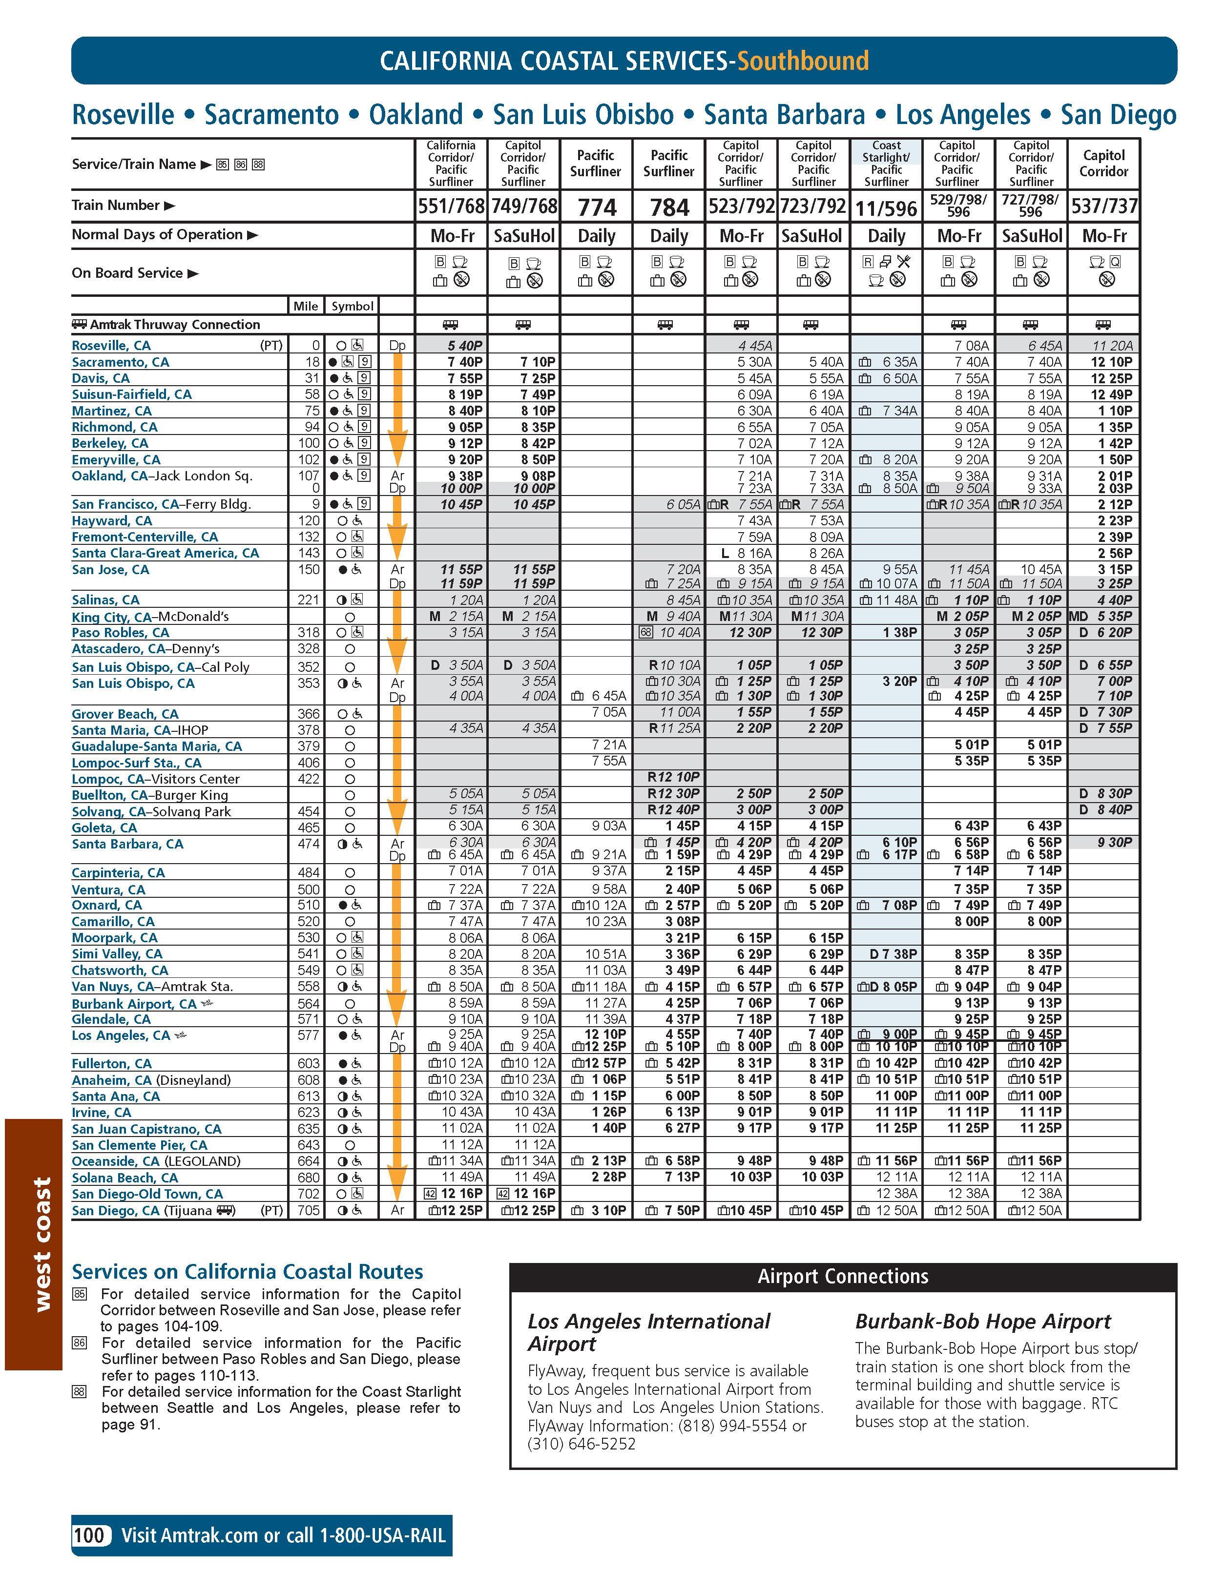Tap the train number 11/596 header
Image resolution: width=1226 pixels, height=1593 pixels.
[886, 208]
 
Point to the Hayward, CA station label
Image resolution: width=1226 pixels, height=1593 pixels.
[112, 521]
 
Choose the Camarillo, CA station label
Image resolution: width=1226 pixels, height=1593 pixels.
[113, 921]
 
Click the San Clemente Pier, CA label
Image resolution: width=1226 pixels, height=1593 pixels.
[139, 1145]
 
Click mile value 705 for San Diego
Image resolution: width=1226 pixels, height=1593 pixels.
[309, 1210]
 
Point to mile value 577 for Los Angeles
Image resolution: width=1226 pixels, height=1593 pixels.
[309, 1035]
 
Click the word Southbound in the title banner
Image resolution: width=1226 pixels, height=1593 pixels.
[803, 61]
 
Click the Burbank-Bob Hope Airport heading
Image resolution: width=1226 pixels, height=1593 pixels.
[982, 1322]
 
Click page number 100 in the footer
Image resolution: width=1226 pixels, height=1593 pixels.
[89, 1535]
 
